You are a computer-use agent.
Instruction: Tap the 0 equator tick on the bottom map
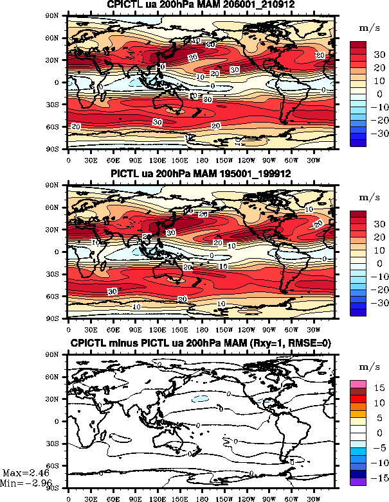click(62, 421)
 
